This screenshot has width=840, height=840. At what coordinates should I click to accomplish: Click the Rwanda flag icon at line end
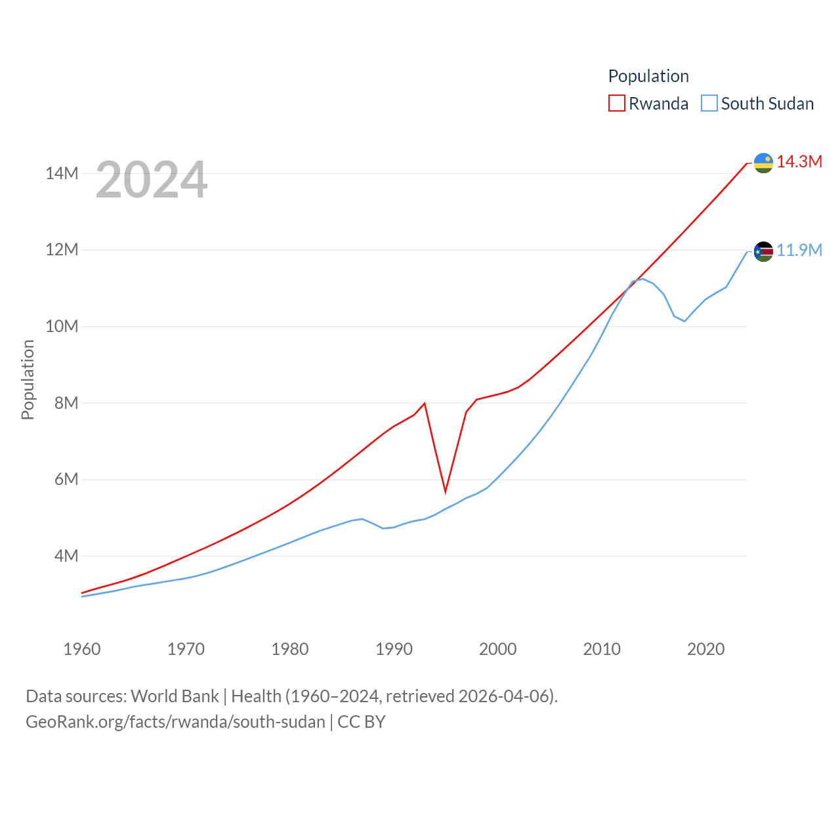[763, 163]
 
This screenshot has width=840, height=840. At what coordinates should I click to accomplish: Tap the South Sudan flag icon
[763, 251]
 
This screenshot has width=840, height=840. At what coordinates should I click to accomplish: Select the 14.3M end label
[799, 161]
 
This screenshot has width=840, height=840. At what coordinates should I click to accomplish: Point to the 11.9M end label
[799, 250]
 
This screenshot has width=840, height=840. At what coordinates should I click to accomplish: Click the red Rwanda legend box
[617, 104]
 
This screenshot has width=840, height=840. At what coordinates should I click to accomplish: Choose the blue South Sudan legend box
[709, 104]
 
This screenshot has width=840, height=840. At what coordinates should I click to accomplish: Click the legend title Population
[648, 76]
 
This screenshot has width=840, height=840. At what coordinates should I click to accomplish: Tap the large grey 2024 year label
[152, 180]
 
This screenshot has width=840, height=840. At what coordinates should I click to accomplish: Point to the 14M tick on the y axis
[62, 173]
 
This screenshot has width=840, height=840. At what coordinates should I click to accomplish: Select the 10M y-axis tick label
[62, 326]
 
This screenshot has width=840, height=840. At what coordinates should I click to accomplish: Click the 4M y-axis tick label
[66, 556]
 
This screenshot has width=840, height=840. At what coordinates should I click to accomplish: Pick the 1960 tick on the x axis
[82, 649]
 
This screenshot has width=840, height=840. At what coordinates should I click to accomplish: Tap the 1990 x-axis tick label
[394, 649]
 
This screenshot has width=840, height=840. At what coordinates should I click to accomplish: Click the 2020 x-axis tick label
[705, 649]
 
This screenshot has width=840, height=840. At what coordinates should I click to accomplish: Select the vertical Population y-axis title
[28, 379]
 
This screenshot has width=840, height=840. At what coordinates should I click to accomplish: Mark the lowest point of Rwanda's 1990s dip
[446, 492]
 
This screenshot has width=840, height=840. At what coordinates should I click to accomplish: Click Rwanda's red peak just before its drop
[425, 403]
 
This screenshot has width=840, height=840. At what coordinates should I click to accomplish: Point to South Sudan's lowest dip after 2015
[684, 321]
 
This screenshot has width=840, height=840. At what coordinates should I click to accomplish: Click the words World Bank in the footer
[175, 696]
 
